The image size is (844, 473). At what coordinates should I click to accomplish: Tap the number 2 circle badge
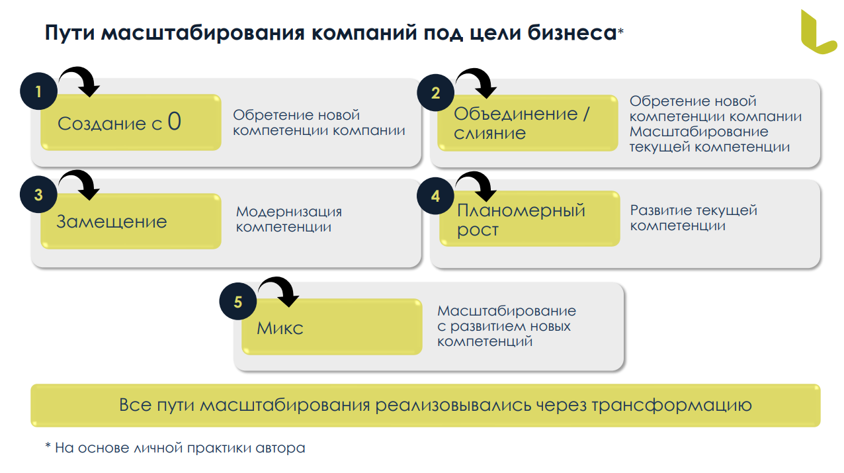(x=435, y=93)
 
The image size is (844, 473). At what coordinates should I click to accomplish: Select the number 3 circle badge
(x=39, y=194)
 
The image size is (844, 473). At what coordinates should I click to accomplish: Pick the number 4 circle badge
(x=435, y=196)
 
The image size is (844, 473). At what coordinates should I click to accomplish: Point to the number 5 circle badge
(x=238, y=302)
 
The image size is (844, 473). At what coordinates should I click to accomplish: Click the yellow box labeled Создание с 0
(x=130, y=122)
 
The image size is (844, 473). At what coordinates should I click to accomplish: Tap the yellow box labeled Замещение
(x=130, y=222)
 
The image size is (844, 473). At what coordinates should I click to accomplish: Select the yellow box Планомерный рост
(x=530, y=220)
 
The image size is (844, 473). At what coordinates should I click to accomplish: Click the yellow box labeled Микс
(x=331, y=327)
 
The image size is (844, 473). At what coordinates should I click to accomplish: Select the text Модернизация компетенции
(x=289, y=220)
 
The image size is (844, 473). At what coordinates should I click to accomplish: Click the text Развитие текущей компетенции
(x=693, y=218)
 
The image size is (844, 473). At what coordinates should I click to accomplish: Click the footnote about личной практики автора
(x=175, y=448)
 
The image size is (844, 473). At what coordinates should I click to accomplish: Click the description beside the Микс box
(x=506, y=326)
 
